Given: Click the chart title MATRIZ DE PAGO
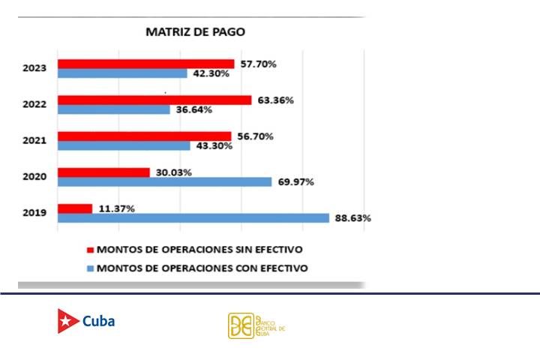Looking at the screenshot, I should point(194,32).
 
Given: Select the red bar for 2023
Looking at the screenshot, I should point(146,64).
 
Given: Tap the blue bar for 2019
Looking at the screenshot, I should point(193,218).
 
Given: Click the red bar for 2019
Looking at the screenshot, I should point(75,208).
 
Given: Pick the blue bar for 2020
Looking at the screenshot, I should point(165,181).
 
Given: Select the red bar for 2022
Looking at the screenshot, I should point(154,100).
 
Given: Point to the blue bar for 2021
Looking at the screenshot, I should point(124,145).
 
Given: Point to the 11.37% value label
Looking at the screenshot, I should point(116,208).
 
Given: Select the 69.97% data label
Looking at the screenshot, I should point(295,181).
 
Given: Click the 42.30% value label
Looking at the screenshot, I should point(210,73).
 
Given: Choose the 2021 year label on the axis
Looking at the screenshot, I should point(35,141).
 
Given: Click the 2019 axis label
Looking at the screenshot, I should point(35,213).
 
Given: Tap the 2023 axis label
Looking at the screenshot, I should point(35,68).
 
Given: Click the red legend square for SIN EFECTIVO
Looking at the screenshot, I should point(91,250).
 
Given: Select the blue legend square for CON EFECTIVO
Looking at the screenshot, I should point(91,268).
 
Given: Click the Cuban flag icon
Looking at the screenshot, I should point(68,321).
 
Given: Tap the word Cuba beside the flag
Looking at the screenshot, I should point(98,321).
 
